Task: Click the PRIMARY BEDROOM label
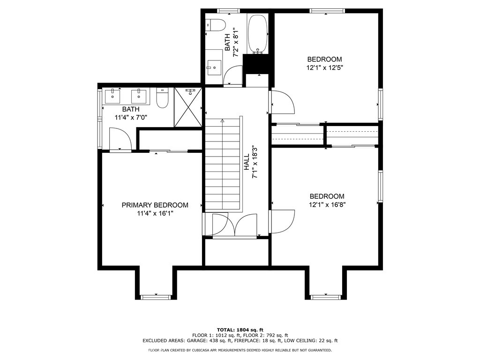155,205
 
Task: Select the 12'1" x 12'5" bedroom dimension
324,67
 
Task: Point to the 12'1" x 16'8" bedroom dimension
327,205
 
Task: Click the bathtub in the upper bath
257,34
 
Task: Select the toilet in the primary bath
162,97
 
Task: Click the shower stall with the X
188,107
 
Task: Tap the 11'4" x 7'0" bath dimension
131,117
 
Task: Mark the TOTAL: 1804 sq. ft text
240,330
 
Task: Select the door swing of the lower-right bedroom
283,222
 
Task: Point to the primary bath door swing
120,139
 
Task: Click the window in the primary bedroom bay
156,297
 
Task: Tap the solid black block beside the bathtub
257,64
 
